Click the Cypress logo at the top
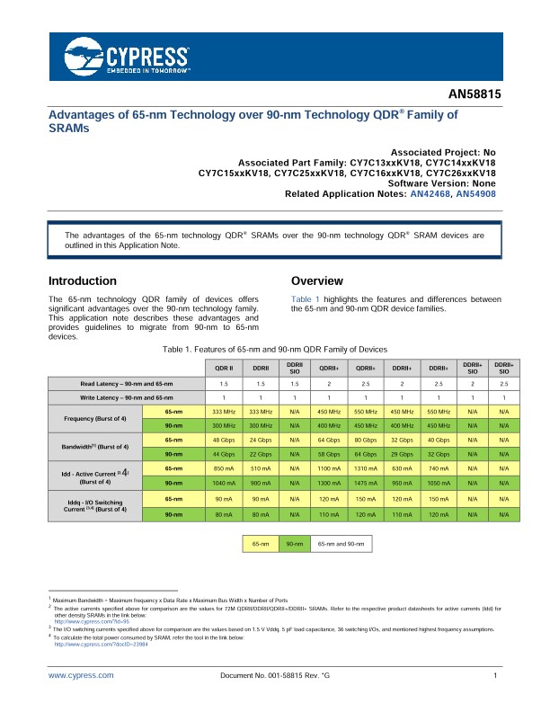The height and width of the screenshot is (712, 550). pos(125,56)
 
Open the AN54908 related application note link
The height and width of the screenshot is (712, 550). pos(476,194)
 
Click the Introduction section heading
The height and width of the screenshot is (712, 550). pos(83,280)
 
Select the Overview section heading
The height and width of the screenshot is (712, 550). pos(317,280)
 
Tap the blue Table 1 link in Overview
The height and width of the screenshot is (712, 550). pos(306,298)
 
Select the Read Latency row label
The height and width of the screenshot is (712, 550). pos(126,385)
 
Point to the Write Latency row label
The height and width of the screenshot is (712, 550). pos(126,397)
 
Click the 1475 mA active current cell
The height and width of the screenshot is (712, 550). pos(364,484)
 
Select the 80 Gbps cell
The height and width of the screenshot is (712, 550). pos(364,440)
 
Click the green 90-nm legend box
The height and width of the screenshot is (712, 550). pos(294,544)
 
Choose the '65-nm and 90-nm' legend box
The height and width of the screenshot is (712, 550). pos(342,544)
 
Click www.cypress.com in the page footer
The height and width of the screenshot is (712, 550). pos(80,675)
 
